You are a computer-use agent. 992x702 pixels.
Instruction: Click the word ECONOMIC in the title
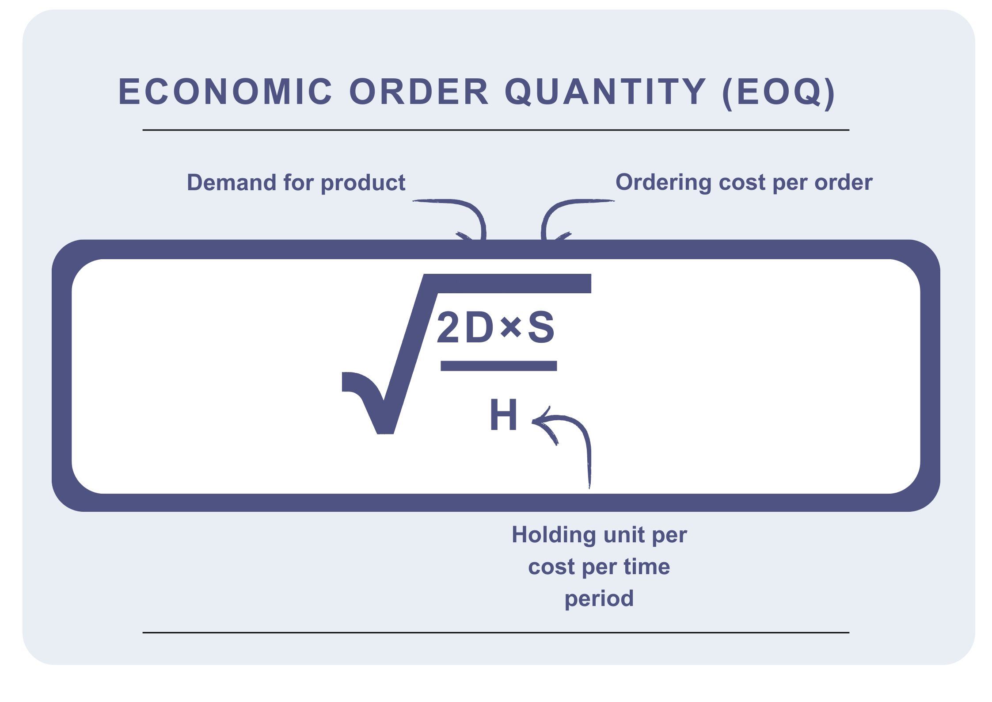click(225, 92)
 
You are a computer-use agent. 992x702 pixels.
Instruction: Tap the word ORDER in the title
click(419, 92)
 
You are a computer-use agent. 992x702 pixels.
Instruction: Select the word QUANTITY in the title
click(605, 92)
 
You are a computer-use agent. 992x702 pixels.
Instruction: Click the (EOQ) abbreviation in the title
click(779, 93)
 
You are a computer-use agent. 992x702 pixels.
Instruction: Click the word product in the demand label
click(363, 184)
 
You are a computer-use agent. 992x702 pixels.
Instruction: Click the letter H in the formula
click(503, 414)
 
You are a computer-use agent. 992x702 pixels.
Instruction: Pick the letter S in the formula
click(541, 327)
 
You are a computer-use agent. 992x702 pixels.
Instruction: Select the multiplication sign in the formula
click(511, 328)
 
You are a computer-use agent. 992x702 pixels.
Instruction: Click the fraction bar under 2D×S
click(498, 366)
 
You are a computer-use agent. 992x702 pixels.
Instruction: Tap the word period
click(599, 599)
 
